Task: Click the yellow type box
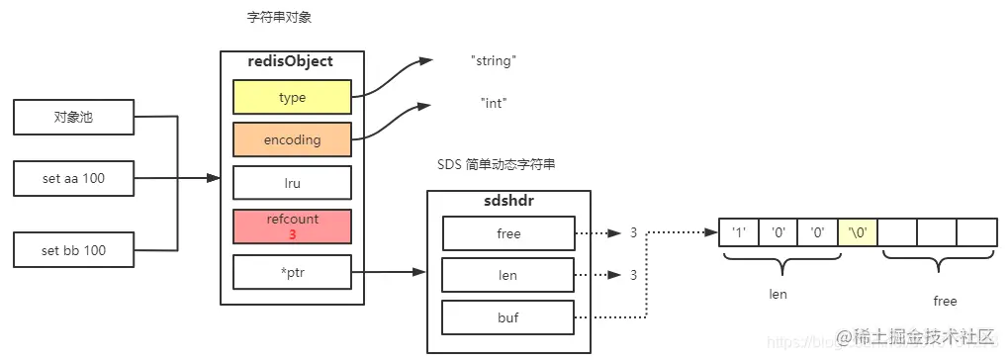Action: pos(292,98)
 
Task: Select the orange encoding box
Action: pos(292,139)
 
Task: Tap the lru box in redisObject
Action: pos(292,183)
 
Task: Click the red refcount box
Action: pos(292,226)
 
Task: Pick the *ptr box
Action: pos(292,271)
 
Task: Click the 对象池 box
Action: pos(73,118)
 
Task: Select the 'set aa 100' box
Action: pos(73,179)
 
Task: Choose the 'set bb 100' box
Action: pos(73,250)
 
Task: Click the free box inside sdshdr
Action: pos(508,233)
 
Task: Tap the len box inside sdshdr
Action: pos(508,276)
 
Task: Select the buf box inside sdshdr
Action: pos(508,318)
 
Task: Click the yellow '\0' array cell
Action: pos(857,233)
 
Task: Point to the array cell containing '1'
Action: pos(738,233)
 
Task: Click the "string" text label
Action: pos(494,61)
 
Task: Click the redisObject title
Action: pos(291,61)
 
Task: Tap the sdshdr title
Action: pos(508,202)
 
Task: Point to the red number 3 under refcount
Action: pos(292,234)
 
